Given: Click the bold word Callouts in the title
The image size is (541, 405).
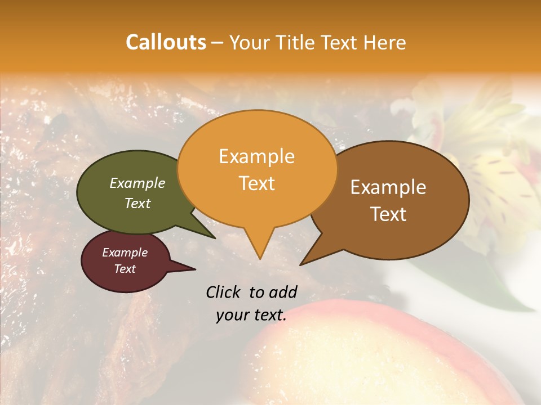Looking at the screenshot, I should [x=166, y=42].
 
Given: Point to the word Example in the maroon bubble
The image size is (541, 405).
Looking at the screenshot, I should [x=125, y=253].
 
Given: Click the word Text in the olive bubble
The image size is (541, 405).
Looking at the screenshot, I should [x=138, y=204].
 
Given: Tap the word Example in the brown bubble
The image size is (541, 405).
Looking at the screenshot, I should [x=388, y=187].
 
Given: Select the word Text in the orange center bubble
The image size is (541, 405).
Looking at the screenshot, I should [x=257, y=183].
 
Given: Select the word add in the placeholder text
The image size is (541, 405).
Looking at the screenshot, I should [x=283, y=292].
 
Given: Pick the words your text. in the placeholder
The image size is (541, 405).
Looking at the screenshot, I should [x=251, y=315].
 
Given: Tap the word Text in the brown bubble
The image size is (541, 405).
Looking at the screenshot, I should [x=388, y=214].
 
